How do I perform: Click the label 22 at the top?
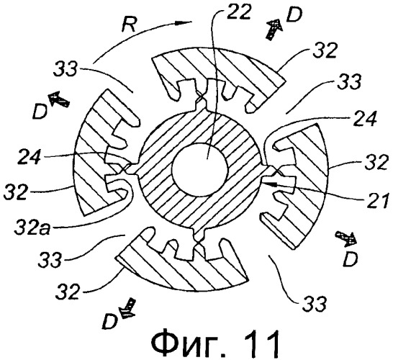tap(239, 12)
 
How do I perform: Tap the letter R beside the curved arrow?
tap(129, 24)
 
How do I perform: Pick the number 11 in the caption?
tap(261, 342)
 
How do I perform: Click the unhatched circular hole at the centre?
tap(200, 169)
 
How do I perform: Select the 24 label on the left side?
tap(29, 157)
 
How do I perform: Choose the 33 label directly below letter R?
tap(65, 69)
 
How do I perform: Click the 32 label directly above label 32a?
tap(15, 192)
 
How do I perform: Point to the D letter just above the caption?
tap(110, 321)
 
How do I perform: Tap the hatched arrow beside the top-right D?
tap(274, 30)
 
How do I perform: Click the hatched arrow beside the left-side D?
tap(59, 99)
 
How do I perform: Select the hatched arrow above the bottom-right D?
tap(346, 238)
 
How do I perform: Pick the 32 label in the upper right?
tap(325, 52)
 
